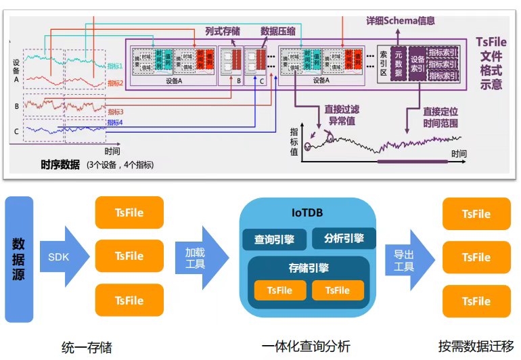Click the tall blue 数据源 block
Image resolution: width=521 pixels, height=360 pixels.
(x=19, y=259)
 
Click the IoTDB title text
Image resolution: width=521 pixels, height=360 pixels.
(x=309, y=212)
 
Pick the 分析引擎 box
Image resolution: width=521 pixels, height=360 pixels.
(x=344, y=238)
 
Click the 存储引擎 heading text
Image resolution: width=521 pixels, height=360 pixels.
(x=309, y=268)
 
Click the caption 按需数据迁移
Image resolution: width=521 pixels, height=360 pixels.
(x=476, y=346)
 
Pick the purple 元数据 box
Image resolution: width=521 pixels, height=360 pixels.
(x=399, y=64)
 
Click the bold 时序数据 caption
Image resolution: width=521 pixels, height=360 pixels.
(x=60, y=164)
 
